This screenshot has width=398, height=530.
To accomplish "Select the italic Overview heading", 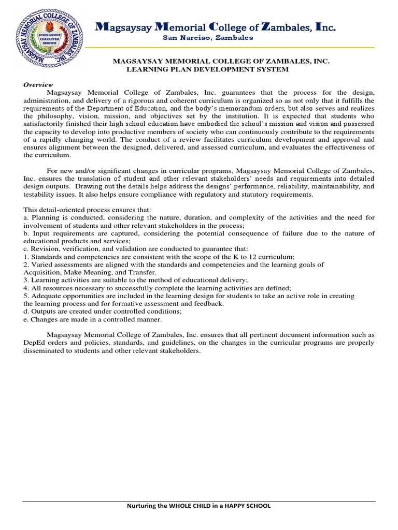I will [38, 84].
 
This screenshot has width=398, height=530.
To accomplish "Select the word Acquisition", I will [44, 272].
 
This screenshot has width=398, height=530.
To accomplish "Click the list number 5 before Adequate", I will [25, 296].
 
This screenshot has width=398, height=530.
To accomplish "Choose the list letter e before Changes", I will [25, 319].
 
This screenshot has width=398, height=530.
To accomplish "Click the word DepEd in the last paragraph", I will [35, 343].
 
